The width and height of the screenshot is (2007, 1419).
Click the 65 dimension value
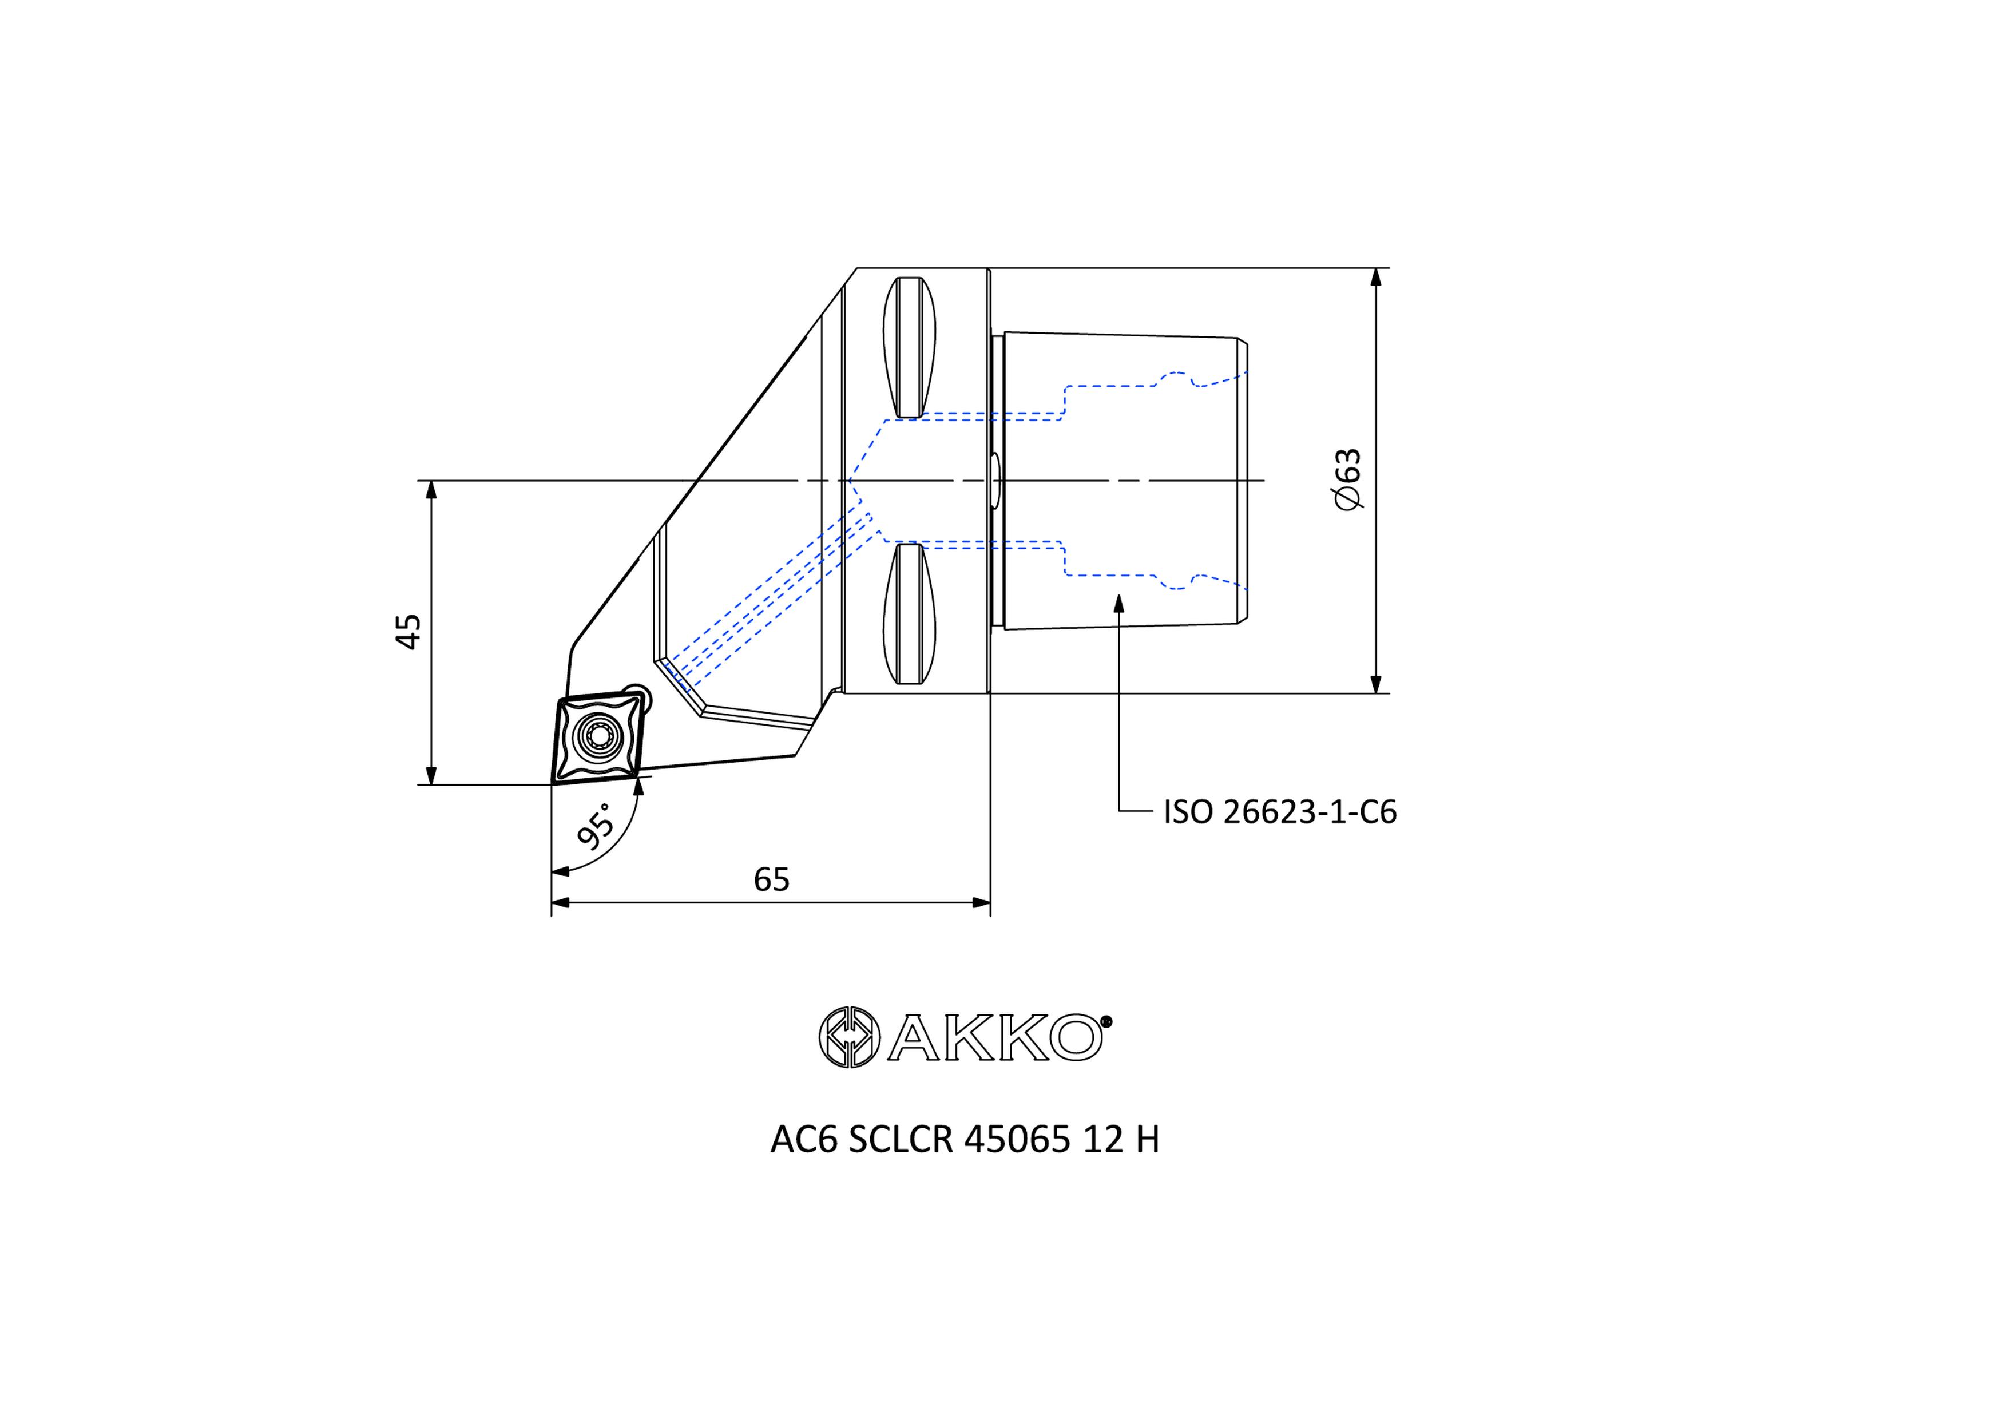tap(771, 879)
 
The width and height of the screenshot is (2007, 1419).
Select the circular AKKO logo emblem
tap(848, 1037)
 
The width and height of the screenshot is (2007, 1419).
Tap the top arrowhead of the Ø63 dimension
tap(1376, 277)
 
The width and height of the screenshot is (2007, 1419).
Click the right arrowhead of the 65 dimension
tap(982, 902)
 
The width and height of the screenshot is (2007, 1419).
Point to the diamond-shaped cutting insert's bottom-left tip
tap(553, 781)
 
